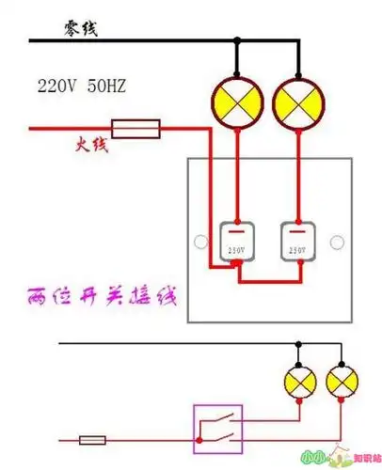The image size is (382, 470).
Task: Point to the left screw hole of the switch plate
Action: pos(199,243)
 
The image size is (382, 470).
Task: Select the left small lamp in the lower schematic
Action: pos(299,382)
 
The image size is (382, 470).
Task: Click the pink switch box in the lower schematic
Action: pos(217,425)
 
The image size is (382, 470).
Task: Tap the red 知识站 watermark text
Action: pos(363,459)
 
